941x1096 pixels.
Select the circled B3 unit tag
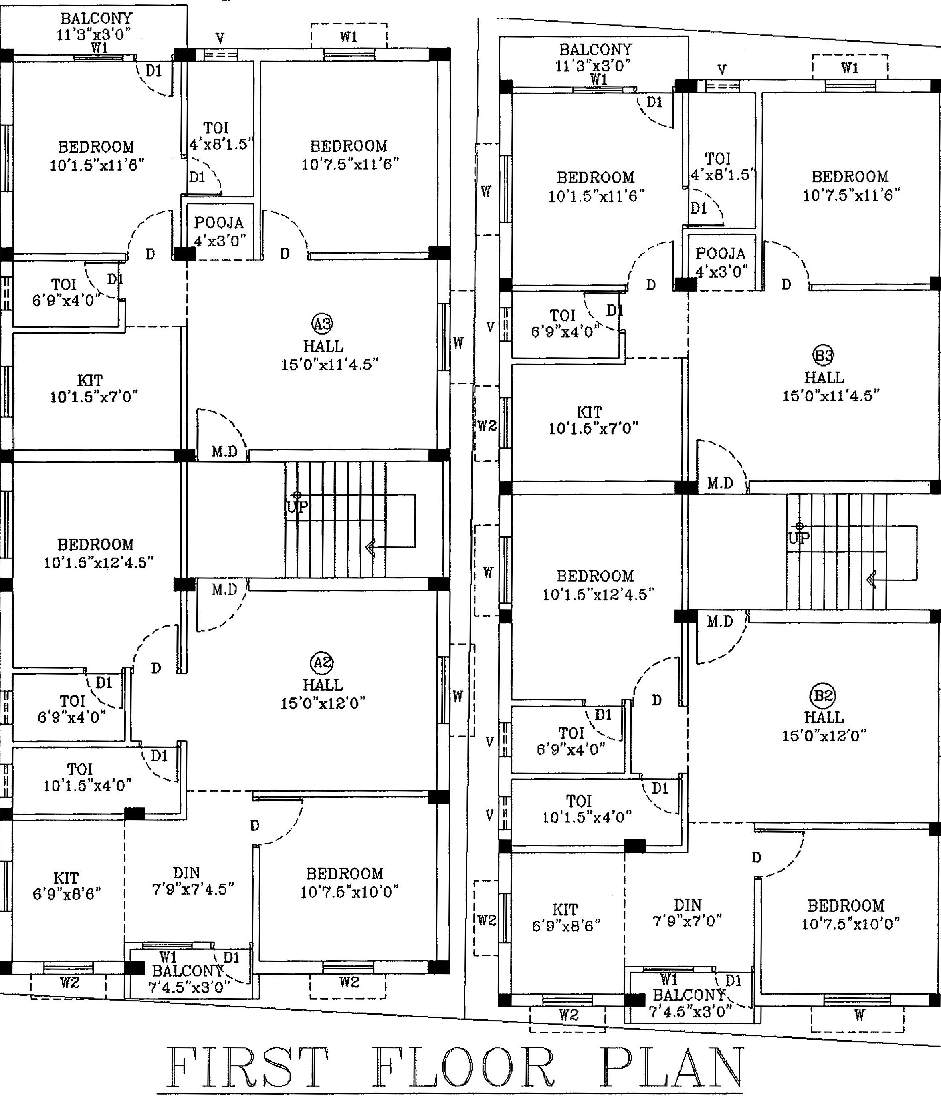coord(824,355)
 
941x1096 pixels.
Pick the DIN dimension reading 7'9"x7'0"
coord(687,921)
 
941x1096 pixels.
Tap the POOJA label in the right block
coord(720,254)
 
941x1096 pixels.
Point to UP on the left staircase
coord(297,507)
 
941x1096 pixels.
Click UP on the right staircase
coord(799,538)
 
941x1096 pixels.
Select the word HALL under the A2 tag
coord(323,685)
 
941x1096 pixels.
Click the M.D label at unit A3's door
coord(224,451)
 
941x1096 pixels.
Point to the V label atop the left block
coord(220,38)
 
